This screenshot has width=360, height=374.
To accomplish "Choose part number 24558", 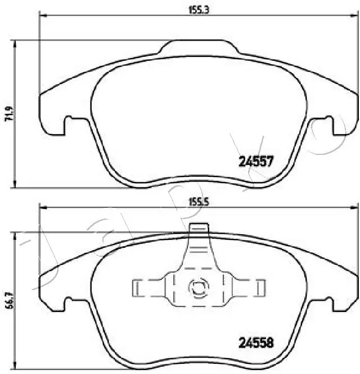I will (x=256, y=342).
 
